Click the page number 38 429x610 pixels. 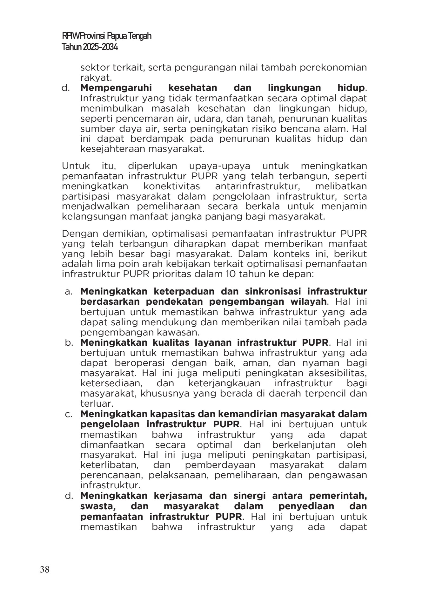pos(44,570)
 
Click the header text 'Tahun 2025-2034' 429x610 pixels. pos(90,47)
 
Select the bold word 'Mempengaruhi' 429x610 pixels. pos(116,88)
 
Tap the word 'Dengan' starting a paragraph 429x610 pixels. pos(79,234)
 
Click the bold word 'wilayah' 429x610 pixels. pos(306,301)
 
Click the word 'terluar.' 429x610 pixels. pos(97,403)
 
